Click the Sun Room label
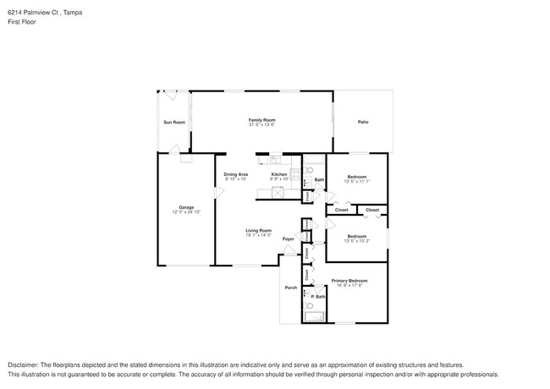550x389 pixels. pyautogui.click(x=173, y=123)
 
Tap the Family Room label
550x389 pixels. pyautogui.click(x=261, y=120)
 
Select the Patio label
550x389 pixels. pyautogui.click(x=362, y=123)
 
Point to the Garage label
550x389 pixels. pyautogui.click(x=185, y=207)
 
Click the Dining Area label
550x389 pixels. pyautogui.click(x=235, y=174)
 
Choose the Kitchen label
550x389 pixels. pyautogui.click(x=279, y=174)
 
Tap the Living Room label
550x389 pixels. pyautogui.click(x=258, y=230)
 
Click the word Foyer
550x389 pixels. pyautogui.click(x=288, y=239)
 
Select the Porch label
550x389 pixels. pyautogui.click(x=289, y=288)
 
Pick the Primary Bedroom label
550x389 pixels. pyautogui.click(x=349, y=280)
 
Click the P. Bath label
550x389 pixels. pyautogui.click(x=317, y=296)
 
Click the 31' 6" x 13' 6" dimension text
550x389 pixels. pyautogui.click(x=261, y=125)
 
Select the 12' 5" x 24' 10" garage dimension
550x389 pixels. pyautogui.click(x=185, y=212)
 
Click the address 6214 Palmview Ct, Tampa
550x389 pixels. pyautogui.click(x=41, y=13)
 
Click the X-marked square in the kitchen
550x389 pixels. pyautogui.click(x=275, y=192)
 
